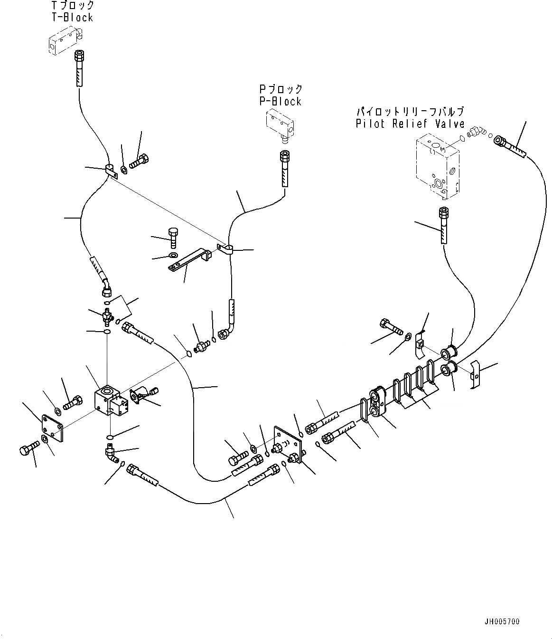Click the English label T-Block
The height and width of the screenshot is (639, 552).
72,18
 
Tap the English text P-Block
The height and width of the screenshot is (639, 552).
280,101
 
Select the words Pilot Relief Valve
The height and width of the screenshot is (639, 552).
410,124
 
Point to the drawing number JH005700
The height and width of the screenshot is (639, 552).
502,621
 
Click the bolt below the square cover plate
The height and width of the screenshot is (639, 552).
29,448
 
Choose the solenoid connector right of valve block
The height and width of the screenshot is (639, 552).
140,394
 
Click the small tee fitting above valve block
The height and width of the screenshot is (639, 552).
108,315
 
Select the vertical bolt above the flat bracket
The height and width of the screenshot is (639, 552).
173,237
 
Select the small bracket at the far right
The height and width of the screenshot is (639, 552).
476,373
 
